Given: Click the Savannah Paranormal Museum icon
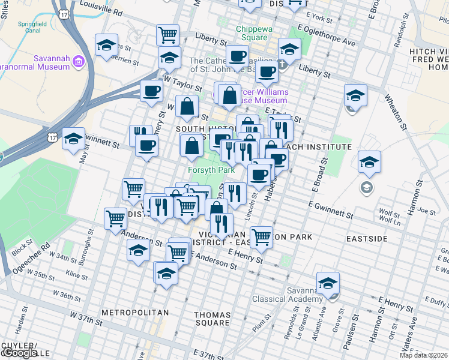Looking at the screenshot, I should (78, 61).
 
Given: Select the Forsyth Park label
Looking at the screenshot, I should (211, 170).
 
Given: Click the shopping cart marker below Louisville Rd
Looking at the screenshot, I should (167, 34).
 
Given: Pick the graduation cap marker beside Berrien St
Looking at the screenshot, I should (107, 45).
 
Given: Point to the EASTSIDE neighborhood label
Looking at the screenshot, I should (367, 238).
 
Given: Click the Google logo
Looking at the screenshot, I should (20, 353).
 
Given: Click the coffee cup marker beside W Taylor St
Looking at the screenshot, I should (151, 91).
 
